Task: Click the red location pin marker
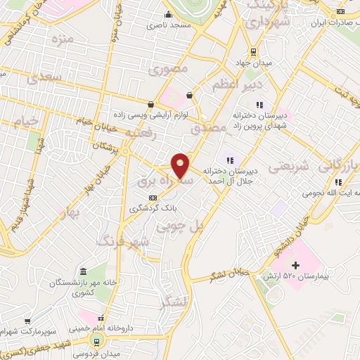(181, 165)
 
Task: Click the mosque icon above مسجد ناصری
(167, 14)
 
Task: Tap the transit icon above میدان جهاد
(254, 52)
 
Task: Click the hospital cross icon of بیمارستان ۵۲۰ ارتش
(295, 266)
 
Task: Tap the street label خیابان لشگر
(229, 274)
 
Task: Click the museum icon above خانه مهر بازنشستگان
(83, 272)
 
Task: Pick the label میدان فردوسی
(96, 352)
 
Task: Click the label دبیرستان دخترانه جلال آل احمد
(232, 176)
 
